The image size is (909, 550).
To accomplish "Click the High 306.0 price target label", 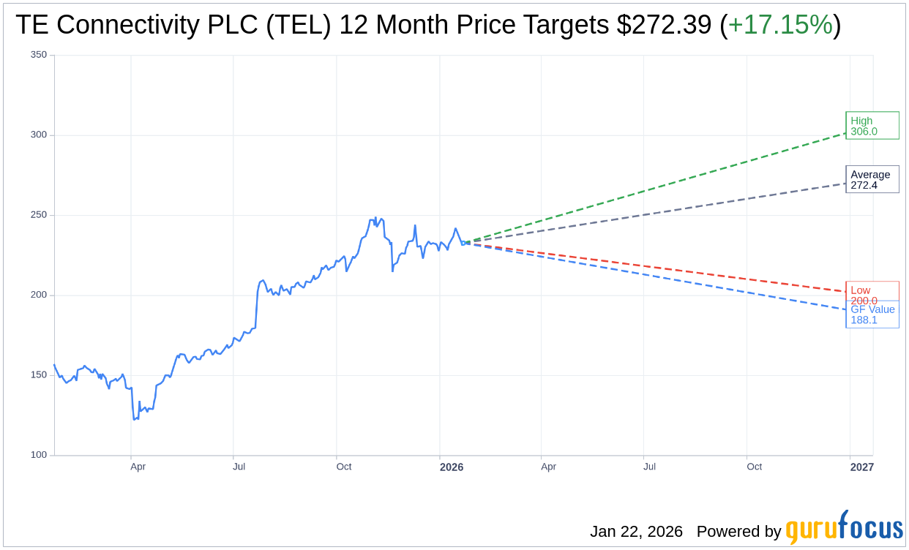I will click(x=872, y=126).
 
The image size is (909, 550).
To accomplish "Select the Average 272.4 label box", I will click(x=872, y=179).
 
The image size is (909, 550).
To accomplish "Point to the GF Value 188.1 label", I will click(x=872, y=314).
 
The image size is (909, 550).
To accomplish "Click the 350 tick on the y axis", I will click(x=39, y=55).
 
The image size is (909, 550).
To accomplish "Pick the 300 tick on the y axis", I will click(x=39, y=135).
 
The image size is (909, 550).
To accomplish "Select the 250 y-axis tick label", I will click(x=39, y=215).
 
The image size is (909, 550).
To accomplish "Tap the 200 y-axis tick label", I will click(x=39, y=295).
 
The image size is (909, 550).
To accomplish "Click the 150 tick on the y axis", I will click(x=39, y=374).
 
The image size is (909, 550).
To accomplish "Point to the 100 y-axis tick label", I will click(x=39, y=455).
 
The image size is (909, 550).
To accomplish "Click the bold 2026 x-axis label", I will click(x=452, y=467).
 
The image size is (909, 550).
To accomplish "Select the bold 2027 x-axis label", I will click(x=862, y=467).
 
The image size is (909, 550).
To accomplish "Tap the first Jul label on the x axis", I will click(x=239, y=467).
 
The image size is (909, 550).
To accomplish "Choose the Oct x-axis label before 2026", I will click(x=343, y=467).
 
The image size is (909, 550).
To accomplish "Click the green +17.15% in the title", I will click(x=780, y=26).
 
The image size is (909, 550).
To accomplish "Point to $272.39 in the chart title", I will click(x=664, y=26).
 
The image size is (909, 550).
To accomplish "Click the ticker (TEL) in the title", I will click(x=298, y=26).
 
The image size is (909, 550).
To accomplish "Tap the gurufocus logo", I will click(x=844, y=528).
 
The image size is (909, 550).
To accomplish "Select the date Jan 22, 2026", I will click(x=636, y=532).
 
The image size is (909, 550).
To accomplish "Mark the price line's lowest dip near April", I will click(x=135, y=419).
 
